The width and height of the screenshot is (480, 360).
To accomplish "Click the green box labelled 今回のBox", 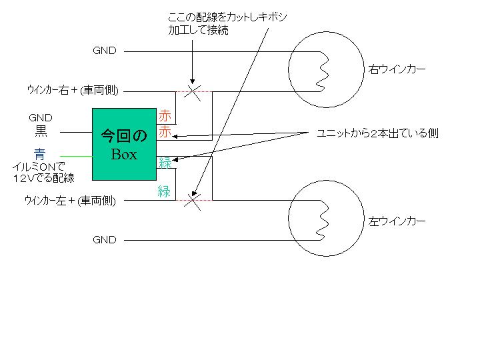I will [124, 144].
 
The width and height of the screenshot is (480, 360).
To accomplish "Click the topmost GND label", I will [105, 51].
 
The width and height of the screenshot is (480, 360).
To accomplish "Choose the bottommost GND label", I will [105, 239].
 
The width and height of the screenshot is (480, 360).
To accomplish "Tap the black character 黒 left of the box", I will [41, 131].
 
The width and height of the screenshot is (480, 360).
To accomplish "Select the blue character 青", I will [41, 154].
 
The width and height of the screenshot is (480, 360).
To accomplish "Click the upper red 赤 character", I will [165, 115].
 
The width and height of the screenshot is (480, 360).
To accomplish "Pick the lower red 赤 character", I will [165, 131].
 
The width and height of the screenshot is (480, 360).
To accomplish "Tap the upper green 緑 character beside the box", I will [165, 162].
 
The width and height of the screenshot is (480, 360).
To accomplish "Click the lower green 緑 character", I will [165, 192].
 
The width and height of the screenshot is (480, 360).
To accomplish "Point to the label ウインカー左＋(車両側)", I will [70, 199].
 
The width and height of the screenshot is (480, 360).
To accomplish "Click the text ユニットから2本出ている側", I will [377, 133].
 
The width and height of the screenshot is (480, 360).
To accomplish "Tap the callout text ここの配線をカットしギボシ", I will [228, 18].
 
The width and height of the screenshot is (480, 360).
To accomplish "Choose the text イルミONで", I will [39, 167].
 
